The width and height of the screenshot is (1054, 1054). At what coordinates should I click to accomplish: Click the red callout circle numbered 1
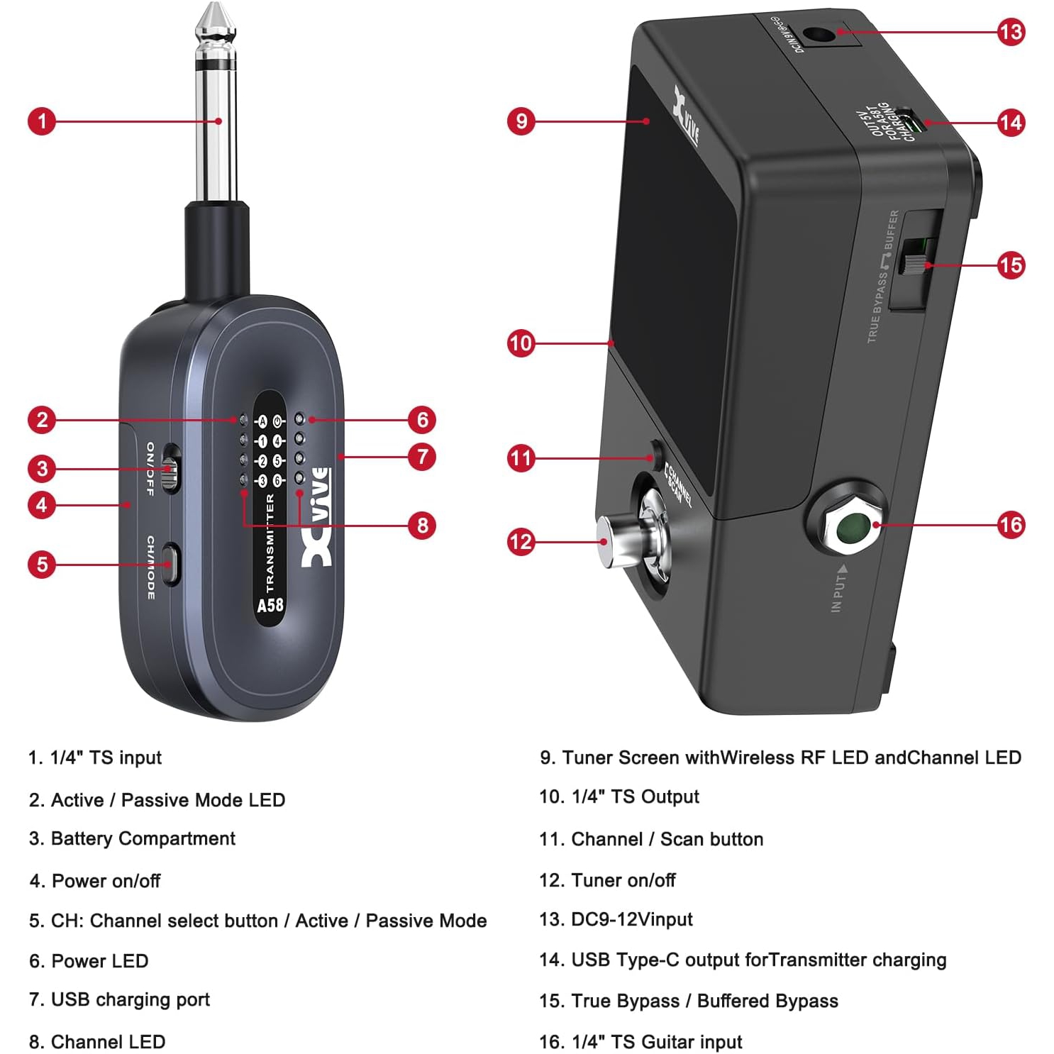point(42,121)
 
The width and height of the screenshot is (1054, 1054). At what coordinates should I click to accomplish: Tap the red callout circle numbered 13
point(1011,32)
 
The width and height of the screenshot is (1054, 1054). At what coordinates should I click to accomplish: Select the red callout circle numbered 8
point(422,526)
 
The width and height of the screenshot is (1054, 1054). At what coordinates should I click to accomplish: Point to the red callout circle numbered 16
point(1011,525)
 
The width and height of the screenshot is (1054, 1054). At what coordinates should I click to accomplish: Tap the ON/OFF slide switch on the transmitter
point(170,469)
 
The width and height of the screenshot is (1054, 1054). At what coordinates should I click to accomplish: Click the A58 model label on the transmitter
point(270,605)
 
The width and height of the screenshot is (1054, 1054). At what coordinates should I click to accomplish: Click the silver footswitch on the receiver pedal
point(611,543)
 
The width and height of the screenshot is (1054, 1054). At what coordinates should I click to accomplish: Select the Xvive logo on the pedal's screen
point(685,116)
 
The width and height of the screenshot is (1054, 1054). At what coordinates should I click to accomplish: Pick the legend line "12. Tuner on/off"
point(607,880)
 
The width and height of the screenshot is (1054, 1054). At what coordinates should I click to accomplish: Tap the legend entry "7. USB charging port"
point(119,999)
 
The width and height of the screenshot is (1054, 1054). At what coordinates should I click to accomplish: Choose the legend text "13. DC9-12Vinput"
point(616,919)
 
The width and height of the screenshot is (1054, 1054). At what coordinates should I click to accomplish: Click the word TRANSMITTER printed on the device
point(270,543)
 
